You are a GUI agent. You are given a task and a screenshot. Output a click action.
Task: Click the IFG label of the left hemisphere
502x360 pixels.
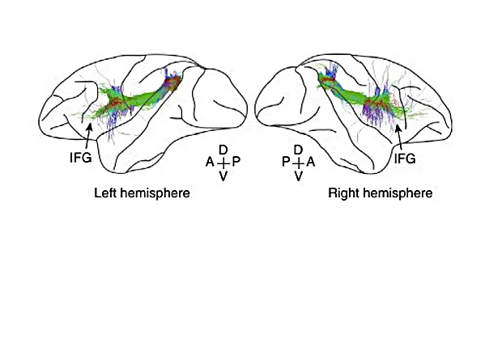82,159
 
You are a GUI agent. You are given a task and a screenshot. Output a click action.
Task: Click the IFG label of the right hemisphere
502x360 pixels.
404,159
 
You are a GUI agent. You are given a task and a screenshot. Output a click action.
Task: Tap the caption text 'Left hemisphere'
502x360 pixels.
135,194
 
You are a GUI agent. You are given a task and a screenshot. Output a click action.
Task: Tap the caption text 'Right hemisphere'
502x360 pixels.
380,194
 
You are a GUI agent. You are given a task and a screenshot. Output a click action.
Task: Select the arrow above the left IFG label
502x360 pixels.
87,137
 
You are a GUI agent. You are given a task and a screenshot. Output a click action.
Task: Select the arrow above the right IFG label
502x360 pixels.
400,138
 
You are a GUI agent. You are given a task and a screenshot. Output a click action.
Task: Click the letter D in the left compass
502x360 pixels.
223,150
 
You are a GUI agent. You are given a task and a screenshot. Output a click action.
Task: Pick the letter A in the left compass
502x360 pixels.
210,163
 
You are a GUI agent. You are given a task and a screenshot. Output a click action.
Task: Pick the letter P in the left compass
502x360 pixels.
236,163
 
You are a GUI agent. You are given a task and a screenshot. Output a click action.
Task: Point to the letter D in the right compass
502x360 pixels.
298,150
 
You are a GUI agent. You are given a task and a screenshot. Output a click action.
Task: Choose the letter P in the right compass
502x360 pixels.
285,163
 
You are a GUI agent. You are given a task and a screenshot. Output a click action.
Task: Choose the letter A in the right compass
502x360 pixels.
312,163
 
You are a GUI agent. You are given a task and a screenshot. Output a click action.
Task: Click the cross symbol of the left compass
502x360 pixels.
223,163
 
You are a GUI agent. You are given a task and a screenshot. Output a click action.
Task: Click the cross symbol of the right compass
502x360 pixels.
298,163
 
